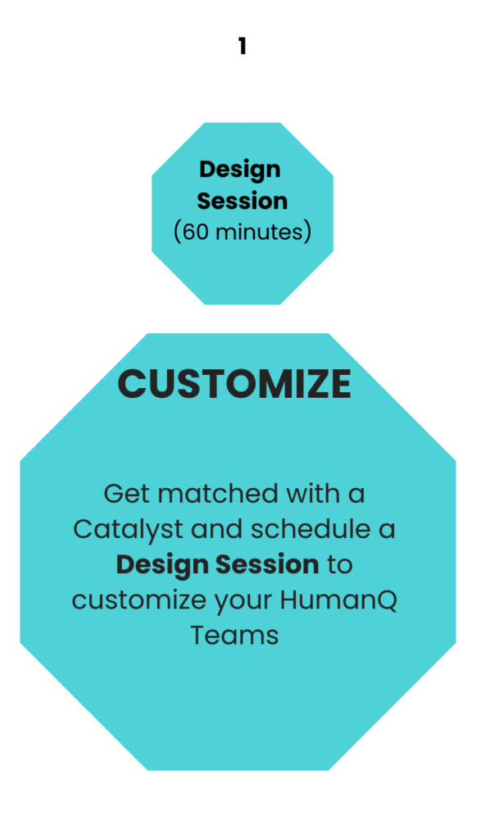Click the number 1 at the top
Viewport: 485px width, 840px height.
point(242,46)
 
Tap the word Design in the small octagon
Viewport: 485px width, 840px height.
point(240,171)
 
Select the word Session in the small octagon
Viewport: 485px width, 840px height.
point(242,201)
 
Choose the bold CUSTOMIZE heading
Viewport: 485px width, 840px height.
point(234,384)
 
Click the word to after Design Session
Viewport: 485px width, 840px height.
point(339,565)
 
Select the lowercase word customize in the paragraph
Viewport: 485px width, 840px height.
point(138,600)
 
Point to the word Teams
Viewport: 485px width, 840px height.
point(234,636)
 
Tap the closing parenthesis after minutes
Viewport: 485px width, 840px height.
point(307,232)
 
